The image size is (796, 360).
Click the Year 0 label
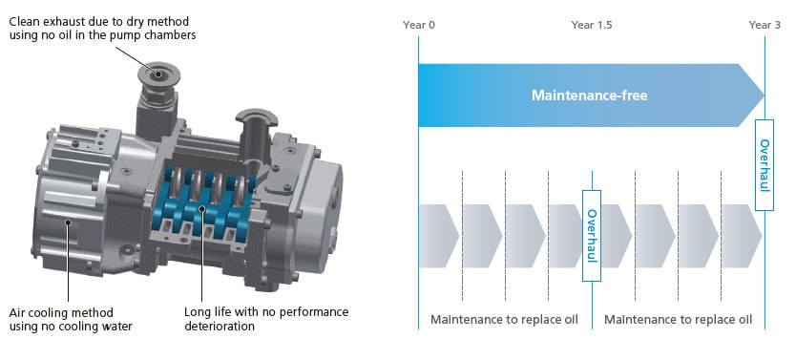pyautogui.click(x=419, y=25)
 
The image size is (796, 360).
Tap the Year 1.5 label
pyautogui.click(x=592, y=25)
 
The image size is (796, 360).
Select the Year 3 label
pyautogui.click(x=765, y=25)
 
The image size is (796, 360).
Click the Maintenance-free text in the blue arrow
pyautogui.click(x=590, y=95)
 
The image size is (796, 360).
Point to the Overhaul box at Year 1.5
pyautogui.click(x=592, y=236)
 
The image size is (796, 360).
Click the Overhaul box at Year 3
pyautogui.click(x=765, y=165)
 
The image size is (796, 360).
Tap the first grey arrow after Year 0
pyautogui.click(x=439, y=236)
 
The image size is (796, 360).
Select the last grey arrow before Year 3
pyautogui.click(x=742, y=236)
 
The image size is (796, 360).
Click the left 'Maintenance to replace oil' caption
pyautogui.click(x=504, y=319)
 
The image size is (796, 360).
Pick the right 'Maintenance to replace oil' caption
pyautogui.click(x=678, y=319)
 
